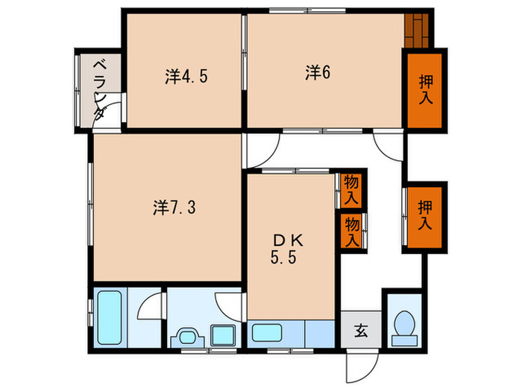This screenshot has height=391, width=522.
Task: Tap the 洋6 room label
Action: (x=317, y=71)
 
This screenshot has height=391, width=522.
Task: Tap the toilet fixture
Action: (x=404, y=325)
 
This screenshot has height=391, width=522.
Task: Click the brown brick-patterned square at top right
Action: (x=418, y=30)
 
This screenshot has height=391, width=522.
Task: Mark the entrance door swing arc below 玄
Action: (x=359, y=366)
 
